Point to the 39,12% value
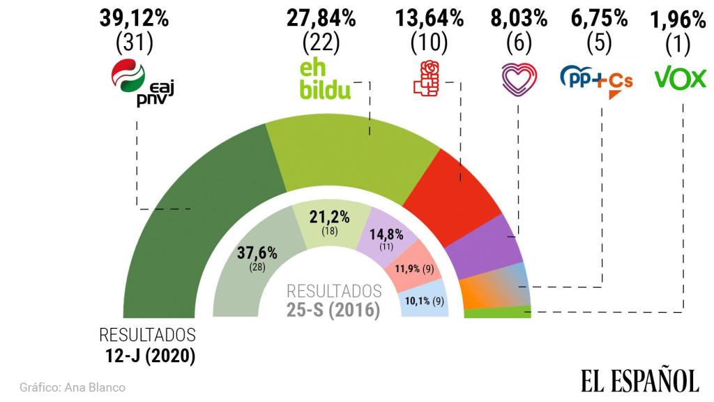click(x=134, y=19)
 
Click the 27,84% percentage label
click(x=321, y=19)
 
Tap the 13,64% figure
click(x=430, y=19)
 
